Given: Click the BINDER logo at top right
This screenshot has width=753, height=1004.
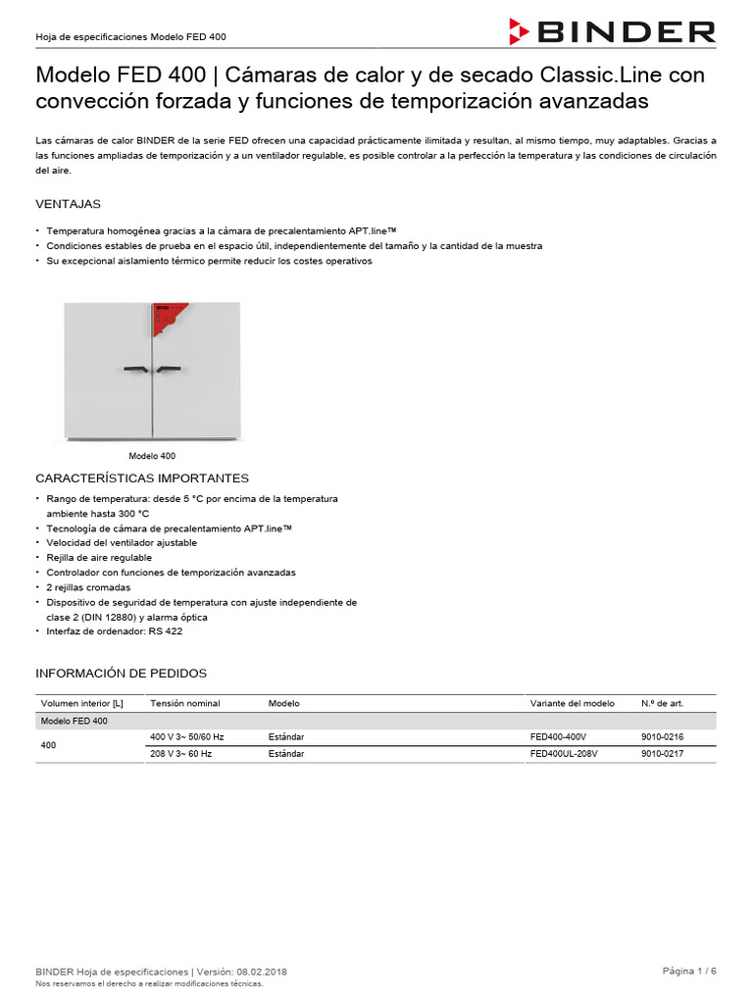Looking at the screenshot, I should click(x=613, y=31).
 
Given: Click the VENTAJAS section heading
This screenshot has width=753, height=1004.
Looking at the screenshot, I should click(x=68, y=204).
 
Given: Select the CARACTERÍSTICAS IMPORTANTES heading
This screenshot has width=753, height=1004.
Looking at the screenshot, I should click(x=142, y=478).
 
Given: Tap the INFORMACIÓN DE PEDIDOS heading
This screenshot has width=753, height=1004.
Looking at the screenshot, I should click(x=121, y=674).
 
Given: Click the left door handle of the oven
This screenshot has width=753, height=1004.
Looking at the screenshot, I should click(x=135, y=370).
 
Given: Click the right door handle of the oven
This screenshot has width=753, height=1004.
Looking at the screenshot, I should click(x=169, y=370).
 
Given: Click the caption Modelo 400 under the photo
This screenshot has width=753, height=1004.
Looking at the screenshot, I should click(x=152, y=456).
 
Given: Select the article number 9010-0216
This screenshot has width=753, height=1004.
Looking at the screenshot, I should click(x=662, y=735).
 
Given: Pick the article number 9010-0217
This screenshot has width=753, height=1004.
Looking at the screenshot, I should click(x=662, y=754).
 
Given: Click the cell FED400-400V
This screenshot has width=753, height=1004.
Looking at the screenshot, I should click(x=558, y=735).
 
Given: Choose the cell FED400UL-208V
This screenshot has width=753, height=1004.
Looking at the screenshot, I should click(x=564, y=754).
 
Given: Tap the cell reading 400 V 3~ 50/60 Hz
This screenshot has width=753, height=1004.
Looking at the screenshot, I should click(x=186, y=735).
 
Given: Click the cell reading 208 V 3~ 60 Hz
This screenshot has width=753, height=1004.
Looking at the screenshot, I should click(x=180, y=754).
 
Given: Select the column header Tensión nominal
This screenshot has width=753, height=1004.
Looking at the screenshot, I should click(x=184, y=703).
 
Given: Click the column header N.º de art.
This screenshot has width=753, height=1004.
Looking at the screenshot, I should click(x=662, y=703).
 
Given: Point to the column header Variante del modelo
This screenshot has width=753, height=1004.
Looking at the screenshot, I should click(x=573, y=703).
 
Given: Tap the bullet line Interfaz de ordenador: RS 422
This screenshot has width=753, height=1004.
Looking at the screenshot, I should click(x=114, y=631).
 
